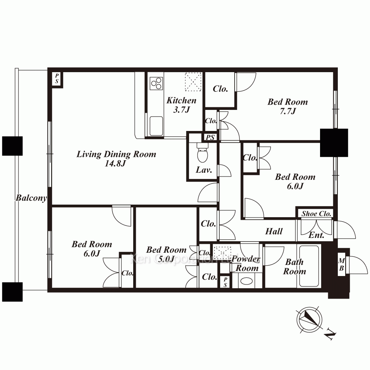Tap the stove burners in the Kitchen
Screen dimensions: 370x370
tap(156, 83)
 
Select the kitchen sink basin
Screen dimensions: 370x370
tap(156, 126)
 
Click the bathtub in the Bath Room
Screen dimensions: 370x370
tap(309, 266)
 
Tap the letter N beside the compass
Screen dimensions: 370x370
tap(330, 334)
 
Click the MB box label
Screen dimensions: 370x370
tap(342, 265)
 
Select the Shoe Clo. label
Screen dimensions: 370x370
tap(316, 214)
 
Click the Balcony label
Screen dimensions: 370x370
tap(31, 198)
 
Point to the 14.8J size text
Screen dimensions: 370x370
tap(115, 164)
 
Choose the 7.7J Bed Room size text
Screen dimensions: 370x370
tap(287, 111)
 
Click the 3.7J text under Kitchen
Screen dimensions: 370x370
tap(181, 110)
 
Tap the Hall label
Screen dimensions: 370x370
tap(274, 231)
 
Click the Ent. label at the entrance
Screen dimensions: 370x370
tap(316, 235)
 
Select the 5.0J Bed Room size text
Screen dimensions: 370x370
tap(166, 259)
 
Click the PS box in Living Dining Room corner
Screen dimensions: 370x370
tap(57, 79)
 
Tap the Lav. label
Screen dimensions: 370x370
tap(203, 170)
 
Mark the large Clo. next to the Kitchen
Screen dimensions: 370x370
tap(221, 89)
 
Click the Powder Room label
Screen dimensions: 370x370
tap(246, 263)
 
